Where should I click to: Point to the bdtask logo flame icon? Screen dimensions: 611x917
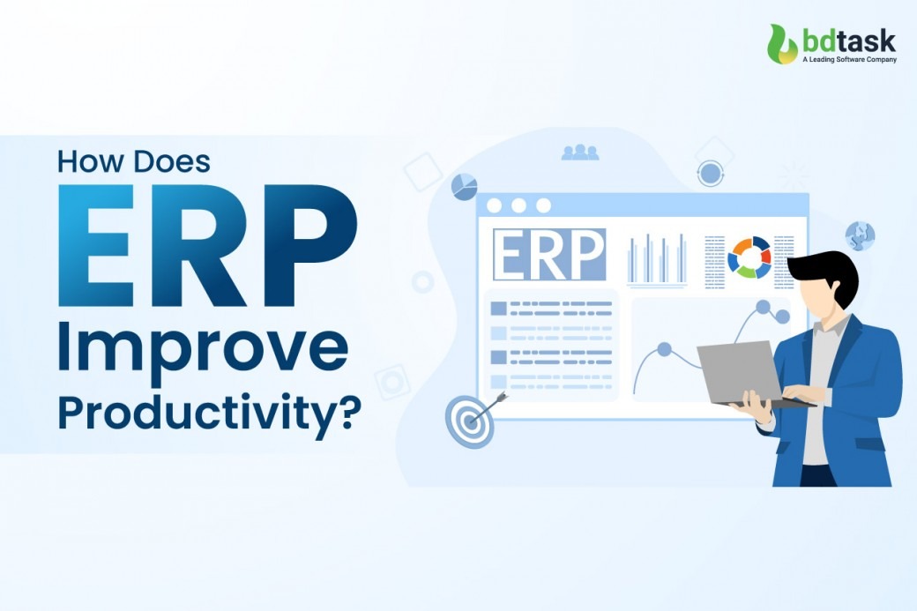[782, 44]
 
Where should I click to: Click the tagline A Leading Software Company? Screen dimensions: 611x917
[848, 60]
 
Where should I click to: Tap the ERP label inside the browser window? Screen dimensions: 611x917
[548, 256]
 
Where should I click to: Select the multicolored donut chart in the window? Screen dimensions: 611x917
[749, 257]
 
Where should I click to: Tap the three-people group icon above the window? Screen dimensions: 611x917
[579, 152]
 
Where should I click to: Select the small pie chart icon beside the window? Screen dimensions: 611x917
[464, 185]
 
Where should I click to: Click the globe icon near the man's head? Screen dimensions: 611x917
[860, 235]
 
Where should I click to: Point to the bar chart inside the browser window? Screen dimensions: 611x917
[657, 259]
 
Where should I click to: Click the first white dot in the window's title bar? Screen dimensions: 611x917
[494, 205]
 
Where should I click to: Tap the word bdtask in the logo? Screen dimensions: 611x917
[848, 40]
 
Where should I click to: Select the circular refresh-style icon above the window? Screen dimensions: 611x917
[710, 173]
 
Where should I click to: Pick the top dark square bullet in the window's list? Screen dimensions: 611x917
[498, 309]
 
